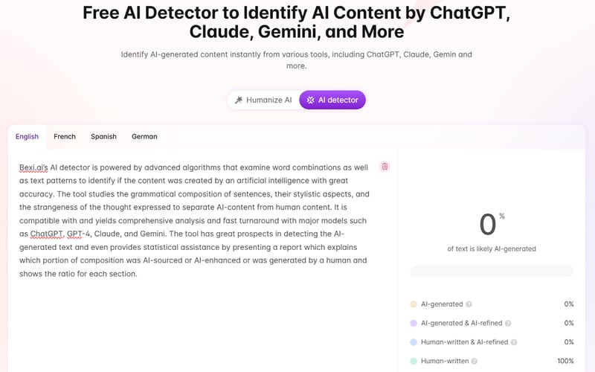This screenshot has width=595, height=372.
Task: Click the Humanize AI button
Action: [263, 100]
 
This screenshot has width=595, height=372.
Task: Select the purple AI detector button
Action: [333, 100]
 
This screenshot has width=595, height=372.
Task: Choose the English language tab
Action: [27, 137]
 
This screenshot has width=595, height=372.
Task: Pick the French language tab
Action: [65, 137]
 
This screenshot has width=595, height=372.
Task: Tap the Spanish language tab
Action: [103, 137]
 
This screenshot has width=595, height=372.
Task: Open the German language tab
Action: [144, 137]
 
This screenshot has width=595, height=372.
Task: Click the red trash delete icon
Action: [385, 167]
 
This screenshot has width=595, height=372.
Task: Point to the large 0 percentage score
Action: [488, 224]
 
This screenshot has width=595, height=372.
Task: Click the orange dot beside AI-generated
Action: [414, 304]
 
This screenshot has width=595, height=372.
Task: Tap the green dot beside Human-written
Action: [414, 361]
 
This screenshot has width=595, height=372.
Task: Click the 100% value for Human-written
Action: [565, 361]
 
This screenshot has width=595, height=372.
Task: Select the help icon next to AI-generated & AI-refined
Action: [509, 323]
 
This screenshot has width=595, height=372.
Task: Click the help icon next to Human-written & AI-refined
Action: [514, 342]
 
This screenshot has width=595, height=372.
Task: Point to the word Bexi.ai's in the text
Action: [33, 167]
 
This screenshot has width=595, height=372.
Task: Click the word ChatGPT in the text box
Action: [46, 234]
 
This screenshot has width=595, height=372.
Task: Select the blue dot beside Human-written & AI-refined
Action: [414, 342]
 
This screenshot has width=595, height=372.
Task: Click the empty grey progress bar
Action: [492, 272]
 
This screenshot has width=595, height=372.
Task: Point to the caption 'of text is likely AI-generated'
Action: [492, 248]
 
